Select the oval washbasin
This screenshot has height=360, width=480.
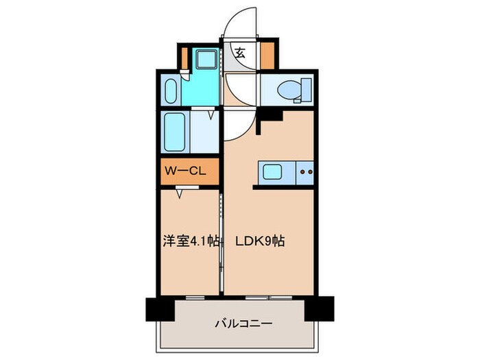[171, 89]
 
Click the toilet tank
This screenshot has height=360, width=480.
[307, 88]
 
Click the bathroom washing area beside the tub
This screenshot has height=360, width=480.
[203, 134]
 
